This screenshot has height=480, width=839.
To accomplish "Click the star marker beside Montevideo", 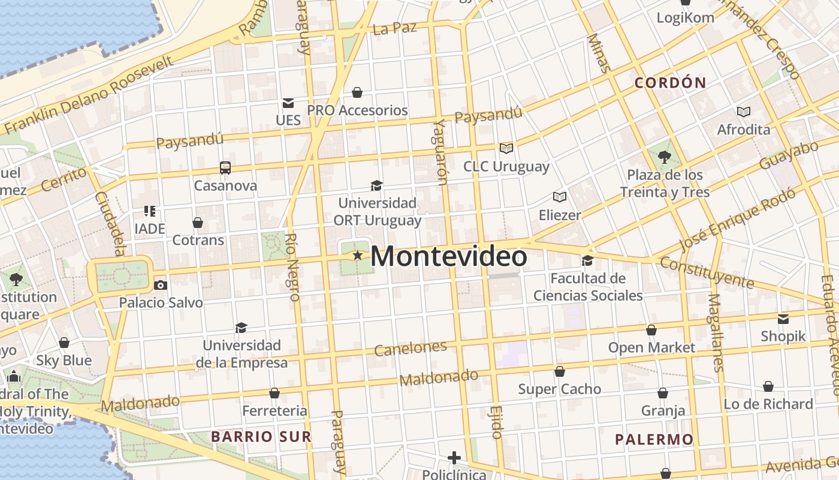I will pyautogui.click(x=358, y=256).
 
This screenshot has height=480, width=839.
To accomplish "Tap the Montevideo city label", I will pyautogui.click(x=449, y=256).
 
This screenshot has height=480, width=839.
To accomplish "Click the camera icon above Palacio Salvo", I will pyautogui.click(x=160, y=285).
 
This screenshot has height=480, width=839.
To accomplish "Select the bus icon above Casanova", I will pyautogui.click(x=225, y=168).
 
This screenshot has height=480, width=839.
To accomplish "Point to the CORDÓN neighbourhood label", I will pyautogui.click(x=671, y=83).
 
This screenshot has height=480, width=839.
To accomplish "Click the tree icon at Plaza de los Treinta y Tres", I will pyautogui.click(x=664, y=158).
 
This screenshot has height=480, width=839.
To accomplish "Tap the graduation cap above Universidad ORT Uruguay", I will pyautogui.click(x=376, y=186).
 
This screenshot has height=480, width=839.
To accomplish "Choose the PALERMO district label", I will pyautogui.click(x=654, y=440).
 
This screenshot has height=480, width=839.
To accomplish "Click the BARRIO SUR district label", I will pyautogui.click(x=261, y=436).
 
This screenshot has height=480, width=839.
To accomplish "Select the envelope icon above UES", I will pyautogui.click(x=288, y=103).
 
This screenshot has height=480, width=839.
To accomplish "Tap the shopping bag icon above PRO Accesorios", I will pyautogui.click(x=357, y=92).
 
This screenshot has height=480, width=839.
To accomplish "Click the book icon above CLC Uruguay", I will pyautogui.click(x=506, y=148).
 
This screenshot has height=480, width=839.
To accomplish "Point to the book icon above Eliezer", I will pyautogui.click(x=560, y=197).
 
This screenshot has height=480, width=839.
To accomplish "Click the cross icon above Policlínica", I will pyautogui.click(x=454, y=458).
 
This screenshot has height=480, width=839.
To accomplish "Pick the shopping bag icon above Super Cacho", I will pyautogui.click(x=560, y=372).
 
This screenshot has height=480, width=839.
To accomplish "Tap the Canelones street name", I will pyautogui.click(x=411, y=349).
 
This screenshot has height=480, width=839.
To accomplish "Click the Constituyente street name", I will pyautogui.click(x=707, y=272).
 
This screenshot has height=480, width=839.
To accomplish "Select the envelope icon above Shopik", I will pyautogui.click(x=783, y=319).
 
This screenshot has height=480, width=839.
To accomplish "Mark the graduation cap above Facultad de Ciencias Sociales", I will pyautogui.click(x=587, y=261).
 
